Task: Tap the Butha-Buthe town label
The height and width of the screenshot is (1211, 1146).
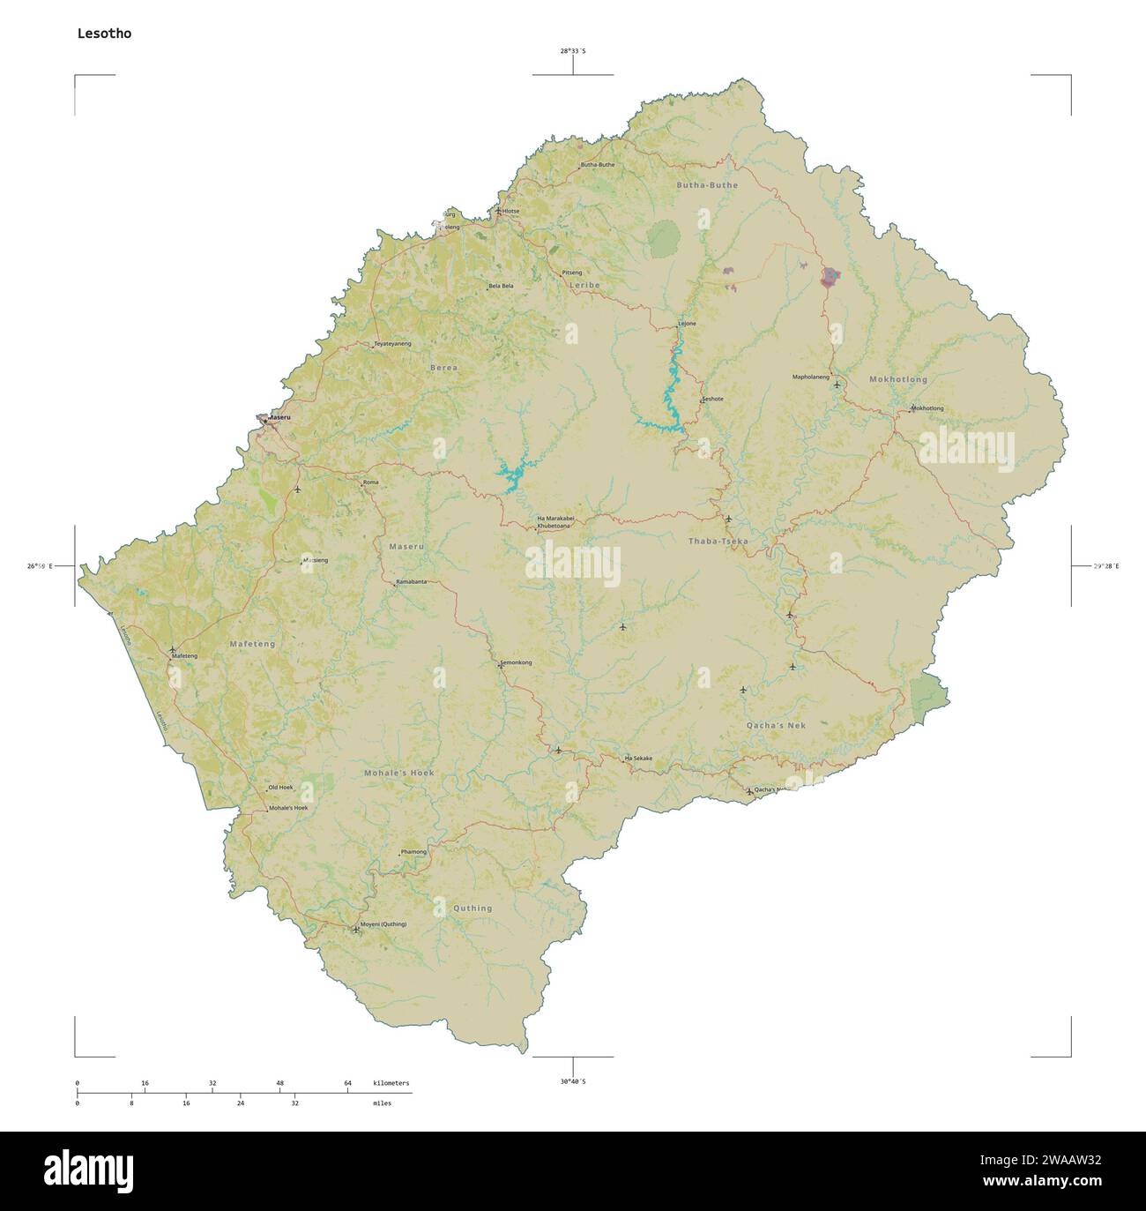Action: (x=597, y=165)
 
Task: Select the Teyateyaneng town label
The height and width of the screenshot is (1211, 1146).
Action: (x=392, y=343)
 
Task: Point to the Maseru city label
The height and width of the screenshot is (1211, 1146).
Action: (x=279, y=417)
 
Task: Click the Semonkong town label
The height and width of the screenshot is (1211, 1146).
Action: (x=516, y=662)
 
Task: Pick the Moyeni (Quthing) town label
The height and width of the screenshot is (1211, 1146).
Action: (x=384, y=924)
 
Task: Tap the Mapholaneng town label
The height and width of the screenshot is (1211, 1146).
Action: (x=811, y=377)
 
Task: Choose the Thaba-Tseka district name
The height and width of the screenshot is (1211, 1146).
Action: (x=718, y=540)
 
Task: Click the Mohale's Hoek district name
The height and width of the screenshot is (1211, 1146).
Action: (x=399, y=773)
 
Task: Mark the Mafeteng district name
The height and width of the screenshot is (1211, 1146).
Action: (x=252, y=644)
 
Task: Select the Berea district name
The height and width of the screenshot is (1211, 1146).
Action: (x=443, y=367)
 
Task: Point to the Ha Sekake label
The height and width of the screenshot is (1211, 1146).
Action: (x=638, y=759)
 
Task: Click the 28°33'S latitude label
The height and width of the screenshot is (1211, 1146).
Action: (x=573, y=51)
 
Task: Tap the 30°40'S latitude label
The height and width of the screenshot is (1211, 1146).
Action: (x=573, y=1081)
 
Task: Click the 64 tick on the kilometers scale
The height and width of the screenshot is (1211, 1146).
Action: (x=347, y=1083)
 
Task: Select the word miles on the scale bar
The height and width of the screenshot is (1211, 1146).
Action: (x=382, y=1103)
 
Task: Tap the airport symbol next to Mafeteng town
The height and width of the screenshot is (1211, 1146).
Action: (x=172, y=650)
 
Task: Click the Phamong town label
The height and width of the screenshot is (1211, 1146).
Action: (x=413, y=852)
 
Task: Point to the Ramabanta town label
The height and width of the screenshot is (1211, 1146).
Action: (x=412, y=582)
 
